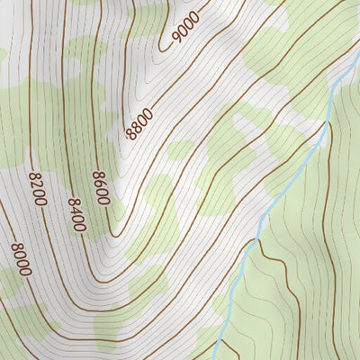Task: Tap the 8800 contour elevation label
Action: tap(139, 123)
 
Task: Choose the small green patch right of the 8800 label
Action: tap(180, 149)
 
